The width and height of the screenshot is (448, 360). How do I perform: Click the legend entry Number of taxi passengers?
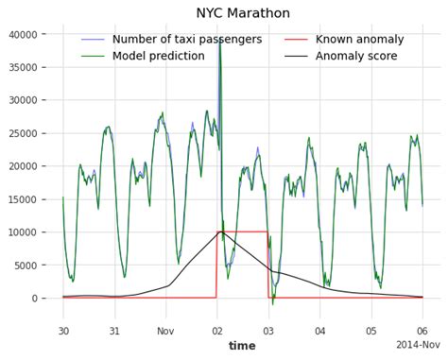(x=184, y=40)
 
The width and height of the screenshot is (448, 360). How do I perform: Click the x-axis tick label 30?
(x=63, y=332)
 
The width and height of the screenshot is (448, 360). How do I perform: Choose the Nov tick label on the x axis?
(x=165, y=332)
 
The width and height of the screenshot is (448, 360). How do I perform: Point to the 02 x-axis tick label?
(x=217, y=332)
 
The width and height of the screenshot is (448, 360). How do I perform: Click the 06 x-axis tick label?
(x=422, y=332)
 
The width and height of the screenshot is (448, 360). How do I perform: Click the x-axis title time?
(x=242, y=346)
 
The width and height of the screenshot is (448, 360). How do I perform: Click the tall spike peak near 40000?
(x=219, y=38)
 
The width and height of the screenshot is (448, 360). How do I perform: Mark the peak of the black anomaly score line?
(x=219, y=231)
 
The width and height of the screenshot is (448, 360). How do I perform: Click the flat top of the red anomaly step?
(x=243, y=231)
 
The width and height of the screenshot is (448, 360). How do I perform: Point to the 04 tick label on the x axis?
(x=319, y=332)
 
